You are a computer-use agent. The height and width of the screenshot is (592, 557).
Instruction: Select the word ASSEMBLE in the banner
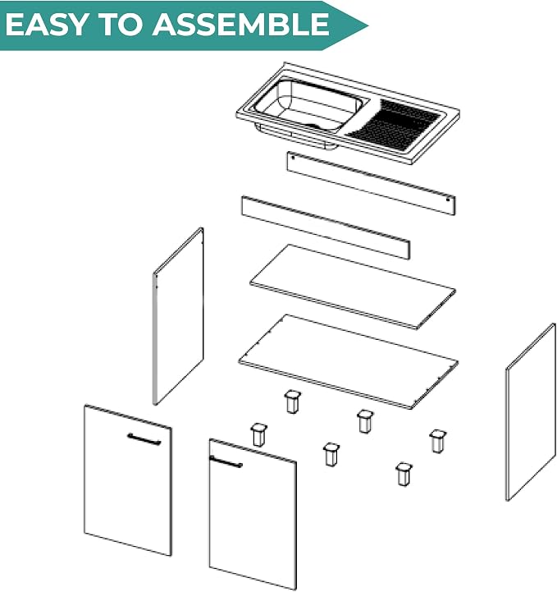(240, 24)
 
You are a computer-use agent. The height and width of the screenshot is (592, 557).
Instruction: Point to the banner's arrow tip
(368, 26)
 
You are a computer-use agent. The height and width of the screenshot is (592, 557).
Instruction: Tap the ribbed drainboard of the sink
(393, 123)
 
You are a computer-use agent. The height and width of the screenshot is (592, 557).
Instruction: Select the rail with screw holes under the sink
(371, 183)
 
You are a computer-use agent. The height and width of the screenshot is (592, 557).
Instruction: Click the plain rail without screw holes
(326, 227)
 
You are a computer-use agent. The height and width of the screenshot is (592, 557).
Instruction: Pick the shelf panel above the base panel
(353, 287)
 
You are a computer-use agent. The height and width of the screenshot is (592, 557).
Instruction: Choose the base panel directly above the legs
(348, 361)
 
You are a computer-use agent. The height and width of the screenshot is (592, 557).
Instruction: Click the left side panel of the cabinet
(178, 316)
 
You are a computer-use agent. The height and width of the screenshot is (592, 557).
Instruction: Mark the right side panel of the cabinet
(531, 412)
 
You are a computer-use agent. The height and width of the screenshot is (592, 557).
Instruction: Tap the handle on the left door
(144, 439)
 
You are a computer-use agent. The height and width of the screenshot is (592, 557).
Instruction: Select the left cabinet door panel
(128, 480)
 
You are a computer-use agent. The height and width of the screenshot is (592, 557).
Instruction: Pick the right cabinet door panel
(253, 514)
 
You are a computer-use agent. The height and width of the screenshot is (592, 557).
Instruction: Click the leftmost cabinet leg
(258, 434)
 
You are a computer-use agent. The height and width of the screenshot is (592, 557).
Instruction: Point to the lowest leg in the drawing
(404, 475)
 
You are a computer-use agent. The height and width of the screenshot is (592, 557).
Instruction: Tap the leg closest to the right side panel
(437, 441)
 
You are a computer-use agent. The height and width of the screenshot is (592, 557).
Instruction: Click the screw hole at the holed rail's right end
(448, 200)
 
